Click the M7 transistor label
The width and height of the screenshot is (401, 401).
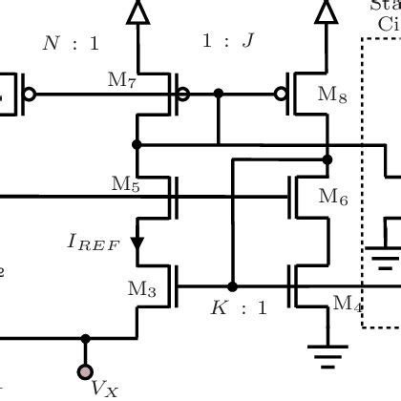click(123, 83)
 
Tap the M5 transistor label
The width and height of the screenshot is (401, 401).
click(125, 184)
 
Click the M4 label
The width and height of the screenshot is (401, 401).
click(347, 304)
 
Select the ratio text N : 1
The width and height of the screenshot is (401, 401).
click(71, 43)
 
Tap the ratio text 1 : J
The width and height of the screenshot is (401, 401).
click(227, 42)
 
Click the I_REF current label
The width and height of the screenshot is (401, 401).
click(93, 243)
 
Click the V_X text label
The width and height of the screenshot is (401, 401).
click(104, 388)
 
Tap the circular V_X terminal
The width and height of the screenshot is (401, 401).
click(86, 371)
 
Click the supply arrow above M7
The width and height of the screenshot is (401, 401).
click(138, 11)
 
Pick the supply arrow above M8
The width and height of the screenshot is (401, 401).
click(326, 11)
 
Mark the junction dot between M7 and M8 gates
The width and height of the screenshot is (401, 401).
click(219, 94)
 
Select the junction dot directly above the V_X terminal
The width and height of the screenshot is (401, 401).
click(86, 338)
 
